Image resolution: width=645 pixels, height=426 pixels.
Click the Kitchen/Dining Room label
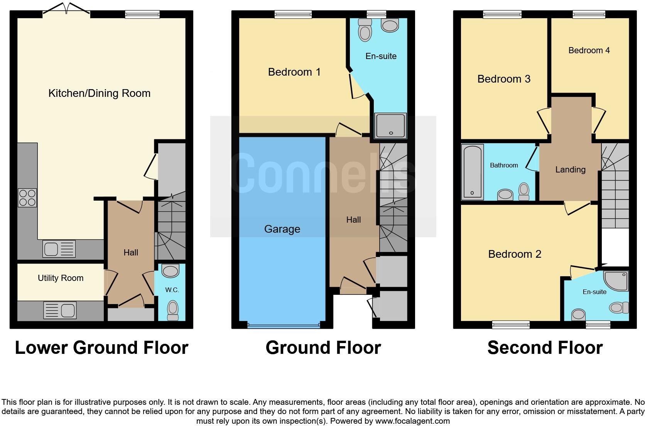(99, 93)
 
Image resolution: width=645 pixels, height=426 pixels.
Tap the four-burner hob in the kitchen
(27, 198)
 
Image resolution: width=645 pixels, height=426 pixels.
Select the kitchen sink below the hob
(59, 249)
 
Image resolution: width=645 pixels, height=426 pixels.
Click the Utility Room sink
(60, 310)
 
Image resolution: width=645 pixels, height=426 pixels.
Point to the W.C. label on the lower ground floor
(172, 290)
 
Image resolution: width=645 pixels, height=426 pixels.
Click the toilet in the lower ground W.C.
(172, 309)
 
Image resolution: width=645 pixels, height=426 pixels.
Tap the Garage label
(282, 229)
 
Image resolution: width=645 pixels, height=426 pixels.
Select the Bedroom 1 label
(294, 72)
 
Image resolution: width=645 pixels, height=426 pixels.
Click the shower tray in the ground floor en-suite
(391, 125)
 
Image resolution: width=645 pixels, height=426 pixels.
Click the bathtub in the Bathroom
(473, 172)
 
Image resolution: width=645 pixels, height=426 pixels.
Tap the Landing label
(570, 169)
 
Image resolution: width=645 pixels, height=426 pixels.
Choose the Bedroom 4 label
(589, 51)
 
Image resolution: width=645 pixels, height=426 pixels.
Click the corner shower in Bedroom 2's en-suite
(617, 281)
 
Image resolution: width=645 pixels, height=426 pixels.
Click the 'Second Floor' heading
(545, 348)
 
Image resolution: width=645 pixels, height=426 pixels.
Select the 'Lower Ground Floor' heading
(101, 348)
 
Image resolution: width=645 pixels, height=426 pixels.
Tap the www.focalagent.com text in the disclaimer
(412, 421)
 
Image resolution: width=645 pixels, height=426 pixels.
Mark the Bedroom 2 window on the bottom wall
(511, 325)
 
